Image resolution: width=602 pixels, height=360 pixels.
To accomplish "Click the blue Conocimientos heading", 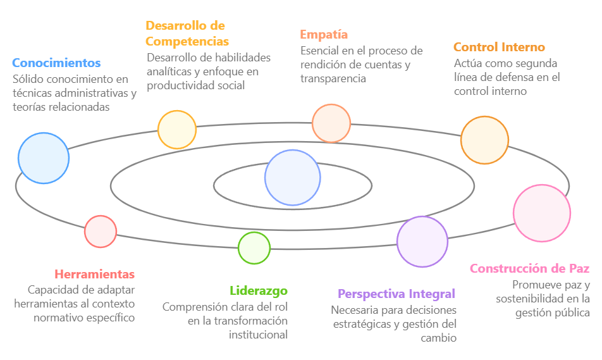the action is [x=56, y=63].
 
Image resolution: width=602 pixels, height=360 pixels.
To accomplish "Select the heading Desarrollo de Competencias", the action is [x=187, y=34].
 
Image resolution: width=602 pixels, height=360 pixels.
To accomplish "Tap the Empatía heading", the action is [x=324, y=35].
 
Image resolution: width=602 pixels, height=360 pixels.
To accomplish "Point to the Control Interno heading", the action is [x=499, y=47].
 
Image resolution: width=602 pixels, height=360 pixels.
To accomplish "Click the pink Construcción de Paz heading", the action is [x=529, y=268].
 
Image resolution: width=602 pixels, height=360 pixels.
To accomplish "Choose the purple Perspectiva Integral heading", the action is [x=396, y=294].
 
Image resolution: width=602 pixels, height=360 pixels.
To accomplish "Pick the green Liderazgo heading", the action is [x=259, y=291].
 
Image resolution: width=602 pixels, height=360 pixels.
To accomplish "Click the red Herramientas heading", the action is [x=94, y=275].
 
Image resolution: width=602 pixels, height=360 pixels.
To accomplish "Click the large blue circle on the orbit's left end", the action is [x=44, y=158].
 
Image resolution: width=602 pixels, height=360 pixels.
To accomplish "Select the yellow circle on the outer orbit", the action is [x=177, y=130].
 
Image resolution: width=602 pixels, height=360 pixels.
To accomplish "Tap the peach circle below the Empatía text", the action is [x=331, y=123].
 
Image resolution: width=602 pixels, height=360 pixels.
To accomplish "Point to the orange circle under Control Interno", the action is [x=484, y=140].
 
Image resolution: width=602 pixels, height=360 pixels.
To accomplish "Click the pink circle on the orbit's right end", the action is [x=542, y=213].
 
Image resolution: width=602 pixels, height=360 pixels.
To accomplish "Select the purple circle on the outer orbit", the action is [x=422, y=242].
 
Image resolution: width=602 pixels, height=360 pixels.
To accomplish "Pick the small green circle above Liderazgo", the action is [x=254, y=248].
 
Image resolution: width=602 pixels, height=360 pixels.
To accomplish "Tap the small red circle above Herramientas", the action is [x=101, y=232].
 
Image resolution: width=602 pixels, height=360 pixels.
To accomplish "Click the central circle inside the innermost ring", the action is [x=293, y=178].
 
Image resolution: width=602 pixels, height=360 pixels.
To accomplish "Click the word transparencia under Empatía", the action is [x=333, y=78].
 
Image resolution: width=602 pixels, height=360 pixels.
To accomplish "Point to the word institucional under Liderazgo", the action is [x=258, y=335].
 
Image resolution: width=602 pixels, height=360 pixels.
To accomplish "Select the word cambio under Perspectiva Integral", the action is [x=438, y=338].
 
